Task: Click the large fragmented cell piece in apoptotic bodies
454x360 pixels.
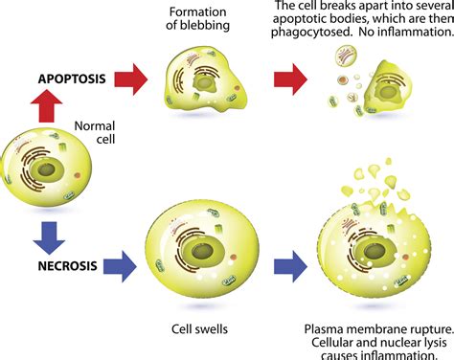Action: (x=408, y=97)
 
